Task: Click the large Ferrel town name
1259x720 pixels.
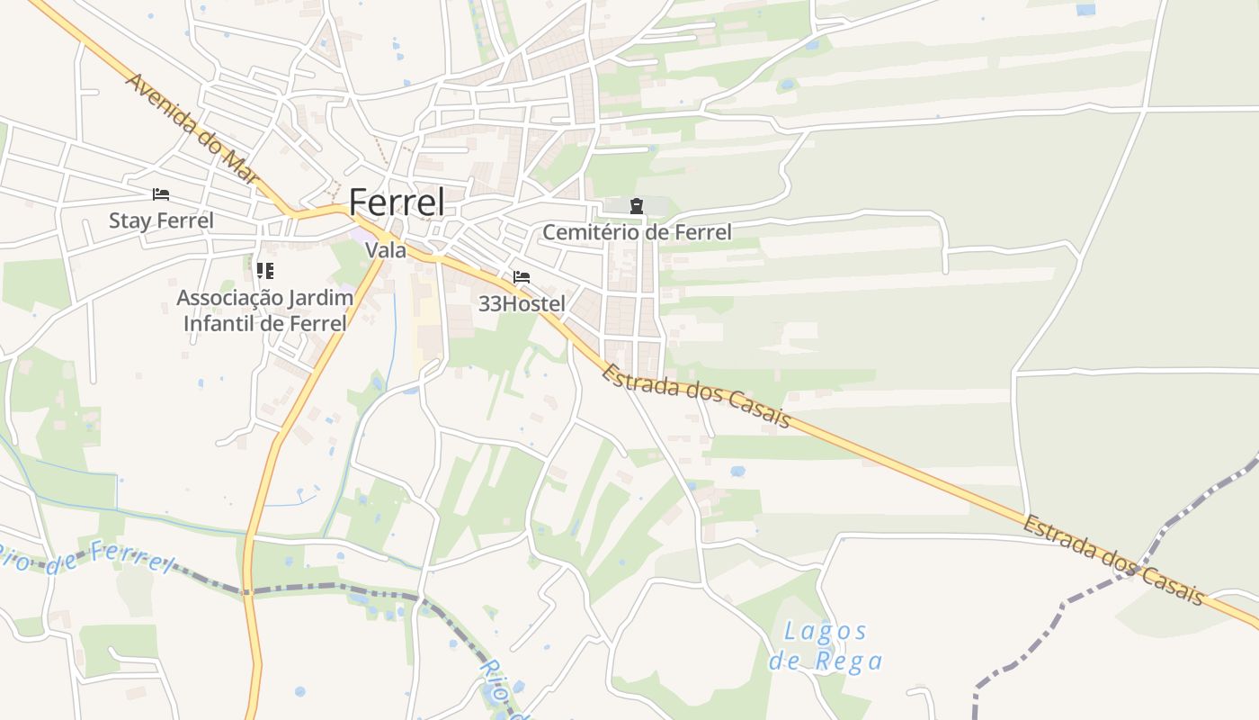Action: [x=397, y=202]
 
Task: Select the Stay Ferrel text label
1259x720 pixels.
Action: [x=161, y=220]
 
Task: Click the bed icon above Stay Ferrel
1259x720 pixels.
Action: [x=161, y=194]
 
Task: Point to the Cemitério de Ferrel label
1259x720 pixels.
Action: [x=637, y=232]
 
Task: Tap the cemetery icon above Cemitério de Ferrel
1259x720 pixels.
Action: [x=637, y=206]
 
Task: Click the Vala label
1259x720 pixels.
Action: [x=386, y=250]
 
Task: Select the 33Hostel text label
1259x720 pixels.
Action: [x=522, y=304]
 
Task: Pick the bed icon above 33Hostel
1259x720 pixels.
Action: [x=522, y=277]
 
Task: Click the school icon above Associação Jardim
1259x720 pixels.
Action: [x=264, y=270]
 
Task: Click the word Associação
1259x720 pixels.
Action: [x=230, y=298]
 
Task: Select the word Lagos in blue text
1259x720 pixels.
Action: [x=826, y=631]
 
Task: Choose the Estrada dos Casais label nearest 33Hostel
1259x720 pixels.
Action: [x=696, y=396]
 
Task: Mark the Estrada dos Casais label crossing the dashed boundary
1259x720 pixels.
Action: [x=1112, y=560]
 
